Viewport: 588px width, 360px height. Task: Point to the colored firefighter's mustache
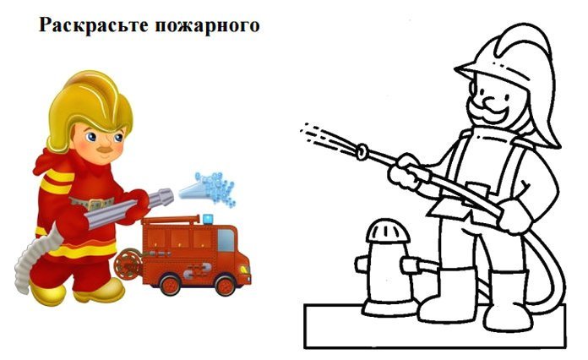106,149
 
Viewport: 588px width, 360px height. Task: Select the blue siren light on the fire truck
208,219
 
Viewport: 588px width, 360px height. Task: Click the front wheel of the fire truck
225,285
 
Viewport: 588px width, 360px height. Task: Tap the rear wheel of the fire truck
171,284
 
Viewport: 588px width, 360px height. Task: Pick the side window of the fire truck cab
226,240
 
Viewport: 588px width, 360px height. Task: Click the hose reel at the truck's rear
128,264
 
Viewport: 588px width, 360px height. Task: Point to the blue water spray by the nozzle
210,188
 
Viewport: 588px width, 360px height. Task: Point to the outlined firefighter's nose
490,101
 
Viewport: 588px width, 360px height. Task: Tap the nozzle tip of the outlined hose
362,151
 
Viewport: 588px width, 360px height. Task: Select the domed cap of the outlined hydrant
388,231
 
